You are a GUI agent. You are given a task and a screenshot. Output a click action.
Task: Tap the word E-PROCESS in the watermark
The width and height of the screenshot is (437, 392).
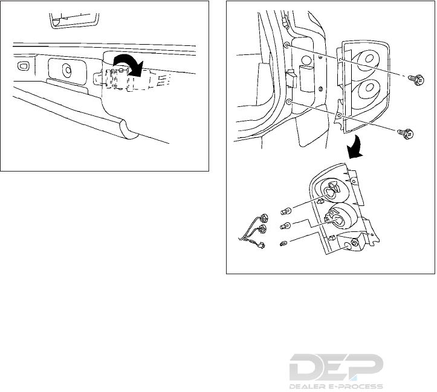pyautogui.click(x=356, y=386)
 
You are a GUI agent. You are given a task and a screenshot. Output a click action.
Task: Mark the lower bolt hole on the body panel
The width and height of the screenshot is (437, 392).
pyautogui.click(x=290, y=103)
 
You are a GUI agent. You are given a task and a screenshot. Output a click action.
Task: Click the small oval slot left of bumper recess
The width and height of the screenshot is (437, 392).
pyautogui.click(x=23, y=65)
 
